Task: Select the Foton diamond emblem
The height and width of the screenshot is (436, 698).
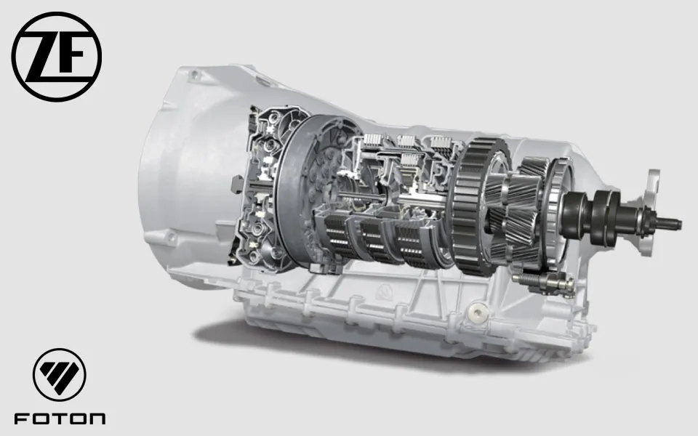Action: tap(60, 375)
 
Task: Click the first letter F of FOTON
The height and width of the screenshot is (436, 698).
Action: tap(22, 419)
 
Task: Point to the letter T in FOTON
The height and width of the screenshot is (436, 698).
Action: tap(59, 419)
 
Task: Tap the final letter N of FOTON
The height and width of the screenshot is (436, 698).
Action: tap(96, 419)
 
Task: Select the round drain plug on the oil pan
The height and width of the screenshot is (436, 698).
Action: tap(478, 312)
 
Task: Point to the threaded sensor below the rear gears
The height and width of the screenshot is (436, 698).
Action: tap(542, 281)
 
